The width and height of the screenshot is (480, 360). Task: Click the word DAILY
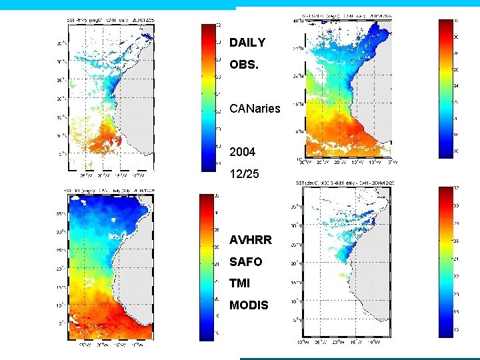[247, 43]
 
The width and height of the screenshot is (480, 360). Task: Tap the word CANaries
[255, 109]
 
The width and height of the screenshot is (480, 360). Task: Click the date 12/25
[243, 174]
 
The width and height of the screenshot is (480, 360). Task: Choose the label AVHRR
[251, 240]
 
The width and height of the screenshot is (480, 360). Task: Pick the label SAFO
[245, 262]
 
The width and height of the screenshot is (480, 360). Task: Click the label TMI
[239, 283]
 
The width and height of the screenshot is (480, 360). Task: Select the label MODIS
[249, 305]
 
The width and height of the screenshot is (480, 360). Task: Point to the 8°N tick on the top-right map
[299, 131]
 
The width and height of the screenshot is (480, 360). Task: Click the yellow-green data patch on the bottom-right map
[344, 274]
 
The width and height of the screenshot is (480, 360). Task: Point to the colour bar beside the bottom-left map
[207, 267]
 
